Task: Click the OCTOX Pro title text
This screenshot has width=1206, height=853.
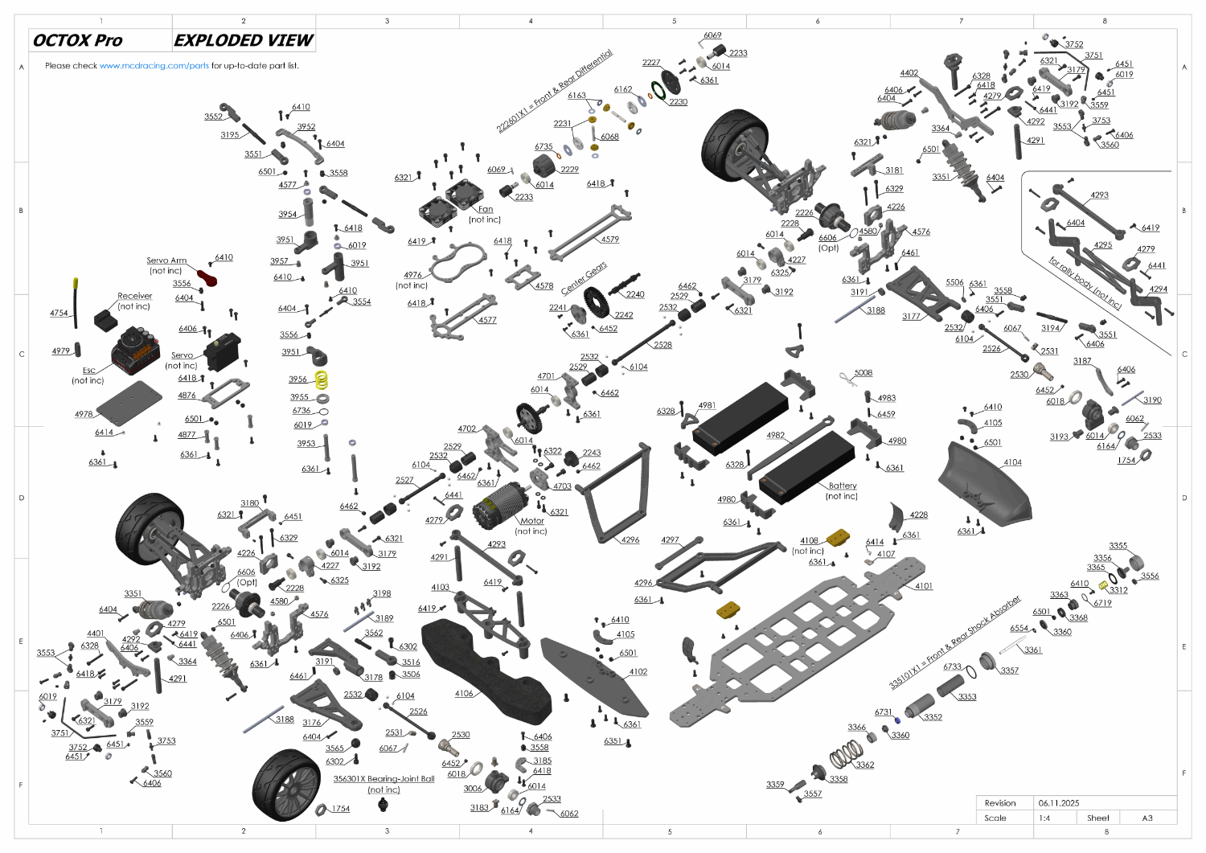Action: pyautogui.click(x=78, y=40)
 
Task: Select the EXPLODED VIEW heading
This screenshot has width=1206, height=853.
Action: pyautogui.click(x=244, y=40)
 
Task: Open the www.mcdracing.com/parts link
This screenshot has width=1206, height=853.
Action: pyautogui.click(x=154, y=66)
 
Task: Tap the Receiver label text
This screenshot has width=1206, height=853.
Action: pyautogui.click(x=134, y=296)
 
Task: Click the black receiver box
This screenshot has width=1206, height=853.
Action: pyautogui.click(x=105, y=320)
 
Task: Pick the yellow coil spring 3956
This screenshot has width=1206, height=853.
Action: pyautogui.click(x=322, y=379)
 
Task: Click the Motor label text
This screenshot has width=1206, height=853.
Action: pyautogui.click(x=531, y=521)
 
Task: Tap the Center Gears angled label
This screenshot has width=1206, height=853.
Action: pyautogui.click(x=585, y=278)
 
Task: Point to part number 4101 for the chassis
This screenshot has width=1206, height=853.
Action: pyautogui.click(x=924, y=586)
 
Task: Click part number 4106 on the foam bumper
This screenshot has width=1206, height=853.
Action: pyautogui.click(x=464, y=694)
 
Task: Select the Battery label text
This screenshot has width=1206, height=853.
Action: pyautogui.click(x=842, y=486)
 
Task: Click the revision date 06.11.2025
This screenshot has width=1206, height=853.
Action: pyautogui.click(x=1059, y=803)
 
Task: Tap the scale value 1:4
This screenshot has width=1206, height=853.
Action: pyautogui.click(x=1044, y=818)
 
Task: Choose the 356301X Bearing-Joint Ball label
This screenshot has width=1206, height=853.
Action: pyautogui.click(x=384, y=779)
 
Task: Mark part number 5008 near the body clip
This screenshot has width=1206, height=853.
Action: pyautogui.click(x=863, y=373)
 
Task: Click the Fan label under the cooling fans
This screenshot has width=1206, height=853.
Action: pyautogui.click(x=486, y=209)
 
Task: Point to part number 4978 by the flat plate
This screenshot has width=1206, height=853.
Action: pyautogui.click(x=84, y=415)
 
